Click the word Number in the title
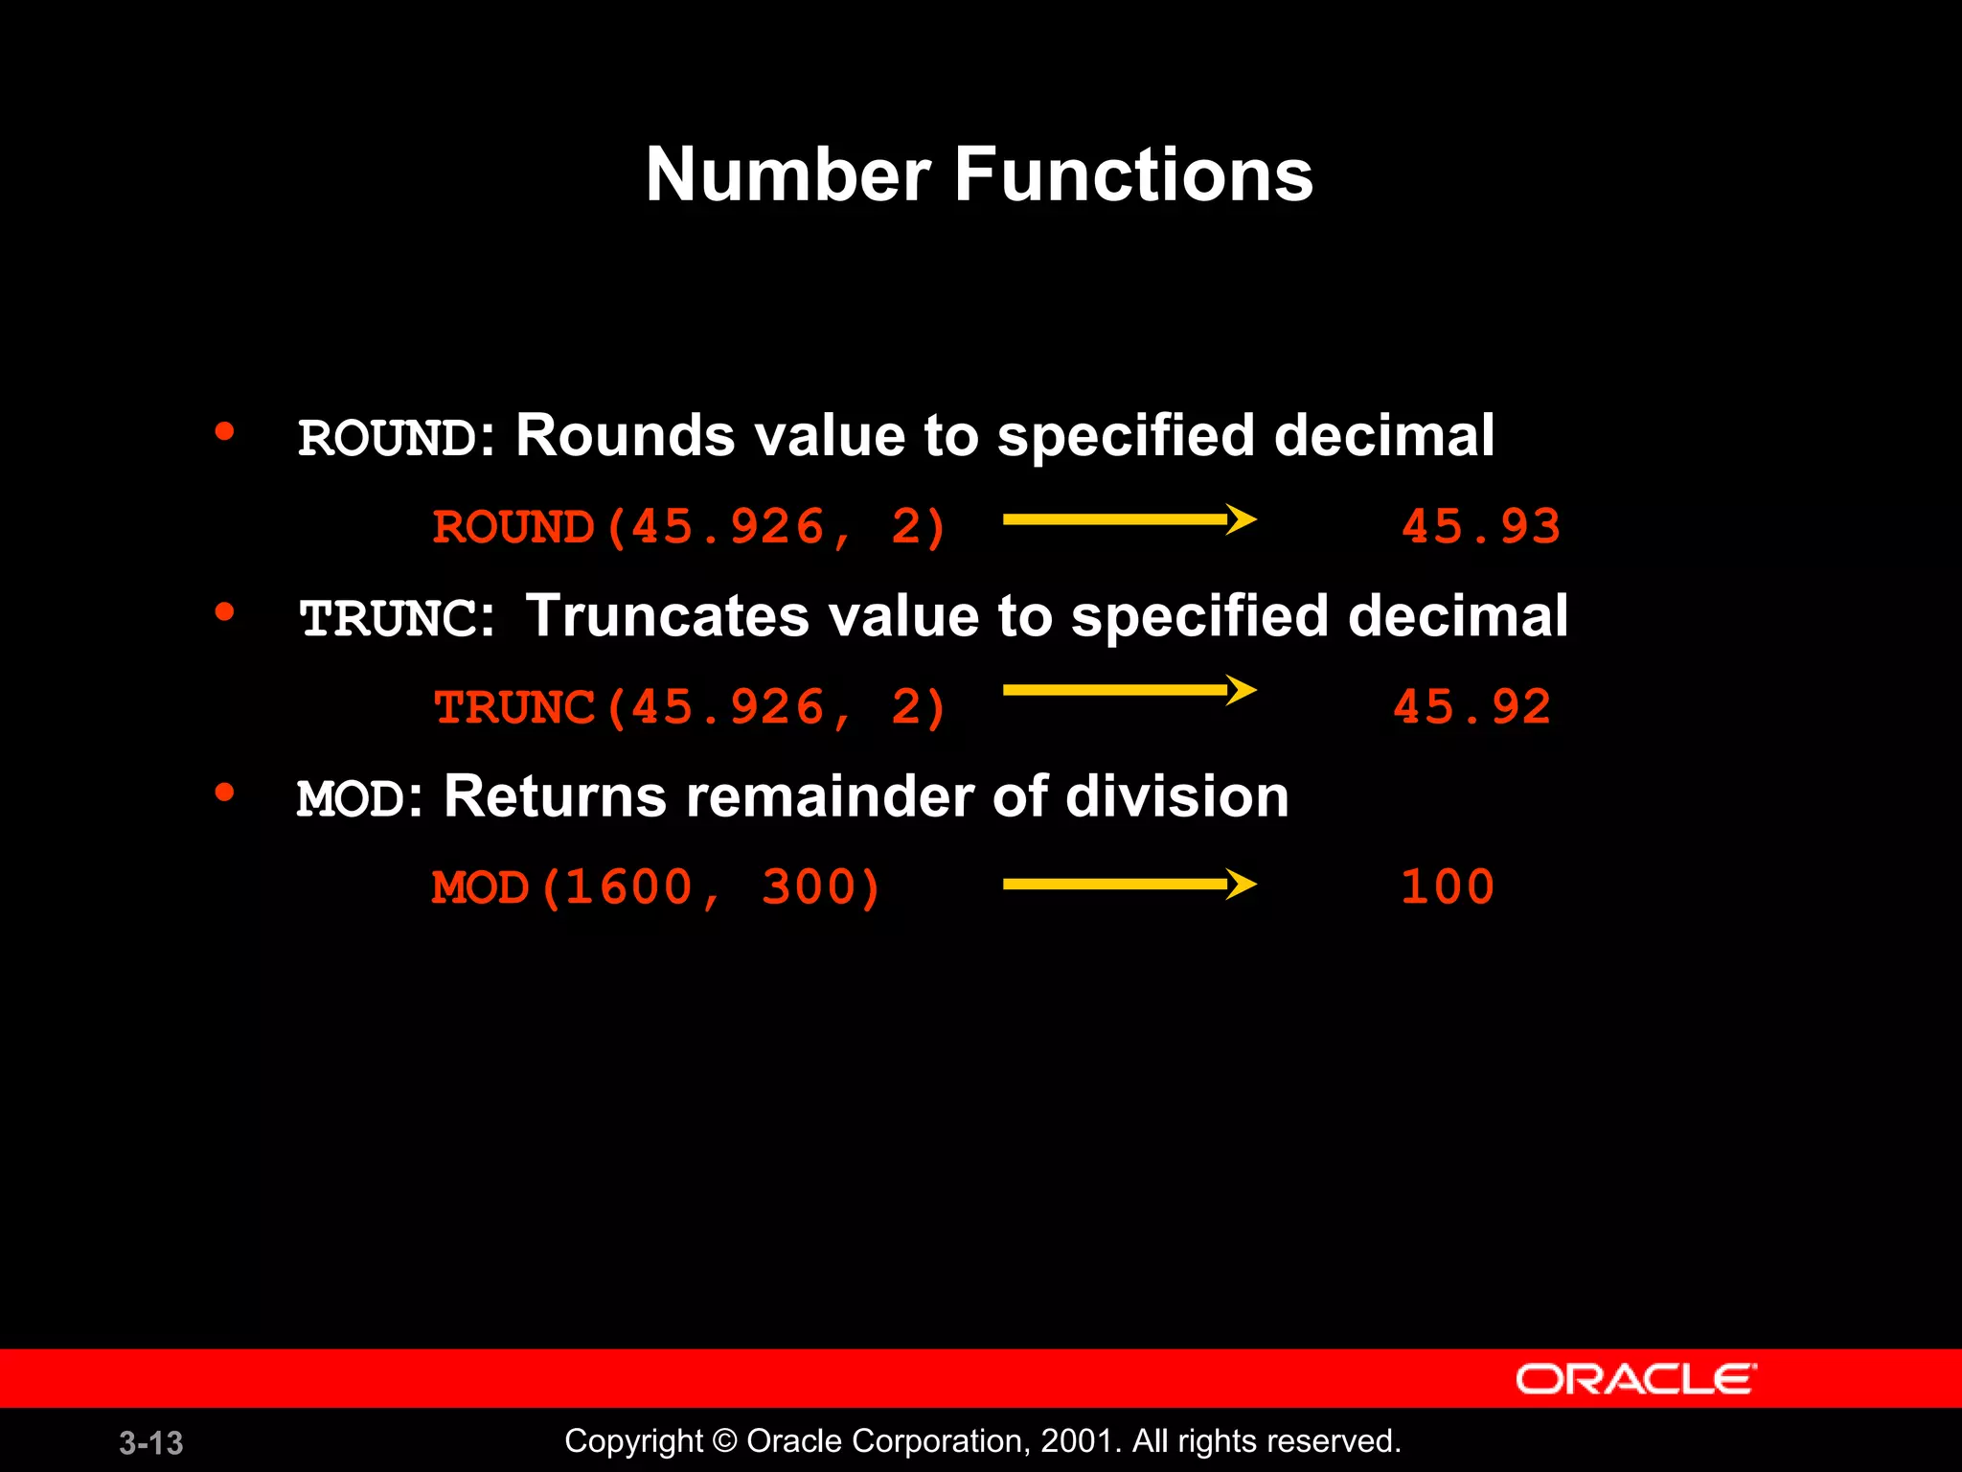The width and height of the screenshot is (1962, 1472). pos(787,174)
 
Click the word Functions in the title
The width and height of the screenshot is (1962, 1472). pos(1133,174)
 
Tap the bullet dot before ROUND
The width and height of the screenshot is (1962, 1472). pos(225,431)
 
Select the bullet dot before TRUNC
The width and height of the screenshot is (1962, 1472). pos(225,611)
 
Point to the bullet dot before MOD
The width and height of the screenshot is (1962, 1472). pos(225,792)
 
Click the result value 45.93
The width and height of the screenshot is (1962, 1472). pos(1481,526)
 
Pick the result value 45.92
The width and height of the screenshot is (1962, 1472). pos(1471,707)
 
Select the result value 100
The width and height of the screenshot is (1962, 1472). pos(1448,886)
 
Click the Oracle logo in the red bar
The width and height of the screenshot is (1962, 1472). pos(1635,1379)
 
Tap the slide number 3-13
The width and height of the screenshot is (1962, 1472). pos(151,1442)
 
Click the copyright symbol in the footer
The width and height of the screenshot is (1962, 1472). pos(725,1440)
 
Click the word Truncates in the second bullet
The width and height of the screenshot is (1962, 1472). pos(667,615)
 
